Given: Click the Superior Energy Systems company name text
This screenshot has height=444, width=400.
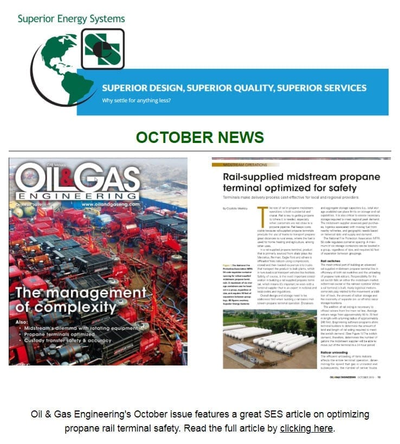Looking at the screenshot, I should (x=71, y=19).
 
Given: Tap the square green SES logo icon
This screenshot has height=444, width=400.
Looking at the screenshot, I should (x=102, y=49).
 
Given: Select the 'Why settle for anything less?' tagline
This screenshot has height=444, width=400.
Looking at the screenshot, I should (x=137, y=100).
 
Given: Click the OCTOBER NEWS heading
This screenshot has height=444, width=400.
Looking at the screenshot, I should (x=200, y=138).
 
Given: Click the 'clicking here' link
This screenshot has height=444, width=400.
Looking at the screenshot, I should (x=306, y=428).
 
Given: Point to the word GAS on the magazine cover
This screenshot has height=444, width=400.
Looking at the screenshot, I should (x=111, y=177).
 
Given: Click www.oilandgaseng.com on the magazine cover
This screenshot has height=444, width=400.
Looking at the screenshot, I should (x=110, y=205).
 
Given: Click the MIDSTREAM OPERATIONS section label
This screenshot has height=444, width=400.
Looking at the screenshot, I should (x=242, y=164).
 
